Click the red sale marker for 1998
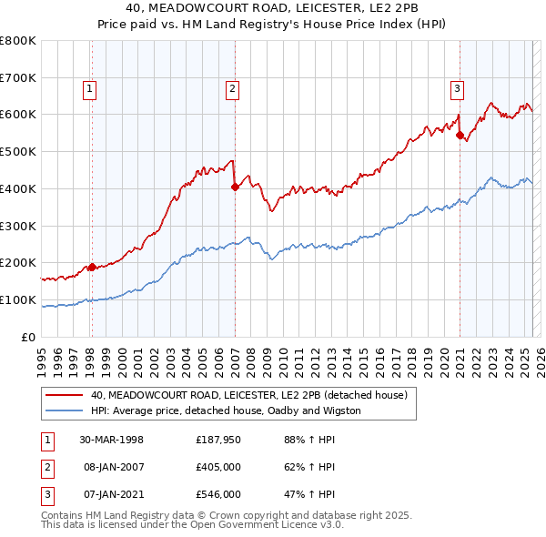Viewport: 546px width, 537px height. tap(92, 267)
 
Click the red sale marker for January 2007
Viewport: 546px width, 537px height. tap(235, 187)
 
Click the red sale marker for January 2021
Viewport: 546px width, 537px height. tap(460, 135)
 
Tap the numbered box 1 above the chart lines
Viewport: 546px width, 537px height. tap(91, 89)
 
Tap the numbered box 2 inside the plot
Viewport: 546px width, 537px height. tap(233, 89)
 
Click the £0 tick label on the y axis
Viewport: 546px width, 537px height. tap(29, 338)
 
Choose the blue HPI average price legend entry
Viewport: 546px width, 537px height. tap(226, 411)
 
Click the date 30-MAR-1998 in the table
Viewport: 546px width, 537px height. tap(111, 440)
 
